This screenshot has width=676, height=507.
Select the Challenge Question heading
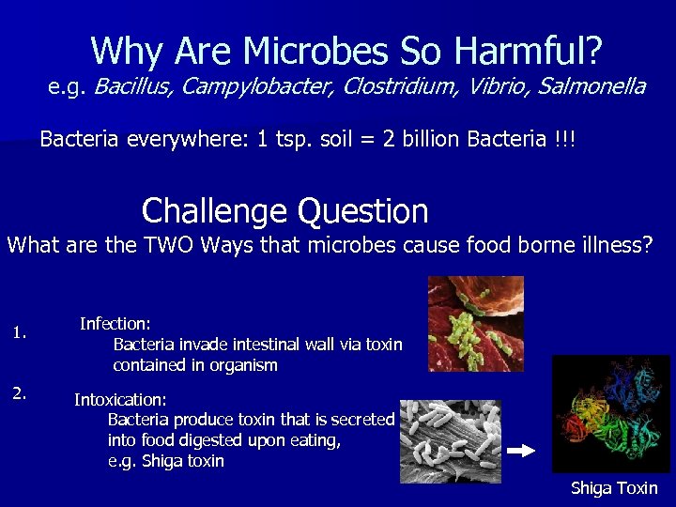pyautogui.click(x=284, y=210)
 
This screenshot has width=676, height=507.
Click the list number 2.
pyautogui.click(x=19, y=393)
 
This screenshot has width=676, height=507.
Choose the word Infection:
pyautogui.click(x=115, y=324)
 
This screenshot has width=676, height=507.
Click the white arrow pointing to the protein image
pyautogui.click(x=520, y=452)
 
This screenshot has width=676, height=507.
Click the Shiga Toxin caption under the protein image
pyautogui.click(x=614, y=487)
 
